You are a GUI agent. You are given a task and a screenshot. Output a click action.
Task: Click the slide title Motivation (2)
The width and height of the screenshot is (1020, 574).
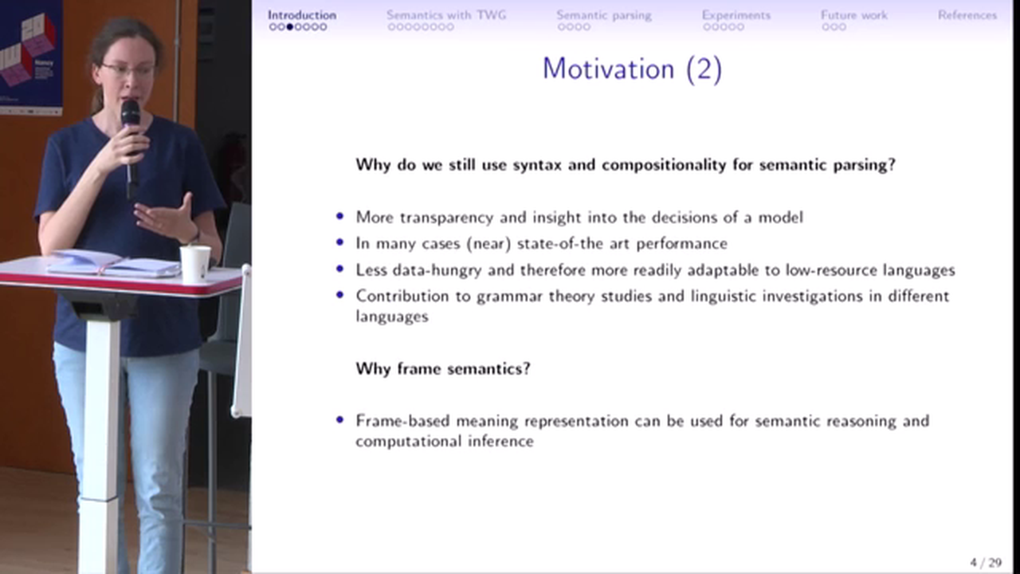point(632,69)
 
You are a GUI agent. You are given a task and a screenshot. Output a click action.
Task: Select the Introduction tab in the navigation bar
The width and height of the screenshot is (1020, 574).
point(302,15)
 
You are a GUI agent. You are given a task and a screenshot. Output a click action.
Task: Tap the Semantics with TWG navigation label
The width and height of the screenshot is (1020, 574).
point(446,15)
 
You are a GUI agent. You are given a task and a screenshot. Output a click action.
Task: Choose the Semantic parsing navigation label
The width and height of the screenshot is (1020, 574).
point(604,15)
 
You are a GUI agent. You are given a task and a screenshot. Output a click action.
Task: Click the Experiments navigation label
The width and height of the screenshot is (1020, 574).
point(736,15)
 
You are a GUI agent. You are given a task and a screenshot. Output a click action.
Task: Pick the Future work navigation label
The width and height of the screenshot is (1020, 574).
point(853,15)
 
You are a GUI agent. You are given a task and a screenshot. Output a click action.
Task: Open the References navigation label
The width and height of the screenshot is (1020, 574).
point(967,15)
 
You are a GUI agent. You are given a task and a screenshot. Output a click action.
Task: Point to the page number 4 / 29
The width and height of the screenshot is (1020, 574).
point(986,563)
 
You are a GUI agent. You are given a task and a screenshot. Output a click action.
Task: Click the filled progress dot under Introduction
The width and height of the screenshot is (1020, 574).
point(289,27)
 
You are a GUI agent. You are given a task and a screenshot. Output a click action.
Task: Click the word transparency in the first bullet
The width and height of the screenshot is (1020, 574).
point(446,218)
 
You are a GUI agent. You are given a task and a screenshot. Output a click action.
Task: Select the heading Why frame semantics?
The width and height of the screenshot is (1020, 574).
point(443,368)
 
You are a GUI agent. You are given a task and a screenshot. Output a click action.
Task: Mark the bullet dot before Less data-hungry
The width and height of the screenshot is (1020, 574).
point(339,269)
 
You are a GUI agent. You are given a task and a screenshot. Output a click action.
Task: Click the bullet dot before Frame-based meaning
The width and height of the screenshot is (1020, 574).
point(339,419)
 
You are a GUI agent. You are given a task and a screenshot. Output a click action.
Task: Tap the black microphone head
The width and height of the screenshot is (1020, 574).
point(130,112)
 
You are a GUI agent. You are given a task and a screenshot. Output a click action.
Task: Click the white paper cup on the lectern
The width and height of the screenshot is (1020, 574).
point(195,264)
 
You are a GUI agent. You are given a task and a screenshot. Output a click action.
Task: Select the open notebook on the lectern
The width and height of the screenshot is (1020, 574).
point(114,263)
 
